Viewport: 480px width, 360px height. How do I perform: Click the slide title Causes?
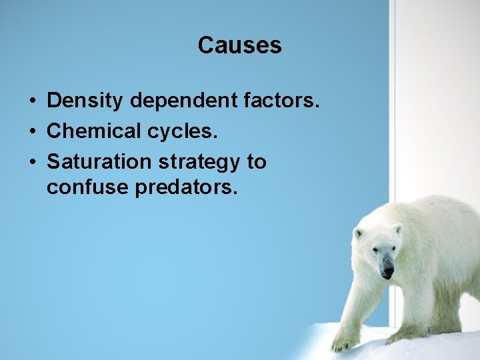[239, 45]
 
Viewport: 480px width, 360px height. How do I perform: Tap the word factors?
[291, 101]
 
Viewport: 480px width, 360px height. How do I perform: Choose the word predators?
[186, 188]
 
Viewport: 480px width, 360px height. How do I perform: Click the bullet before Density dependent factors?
[32, 101]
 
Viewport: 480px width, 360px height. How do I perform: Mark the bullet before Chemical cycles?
[32, 132]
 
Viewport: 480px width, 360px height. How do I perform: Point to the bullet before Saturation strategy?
[32, 162]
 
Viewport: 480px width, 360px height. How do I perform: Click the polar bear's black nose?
[387, 272]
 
